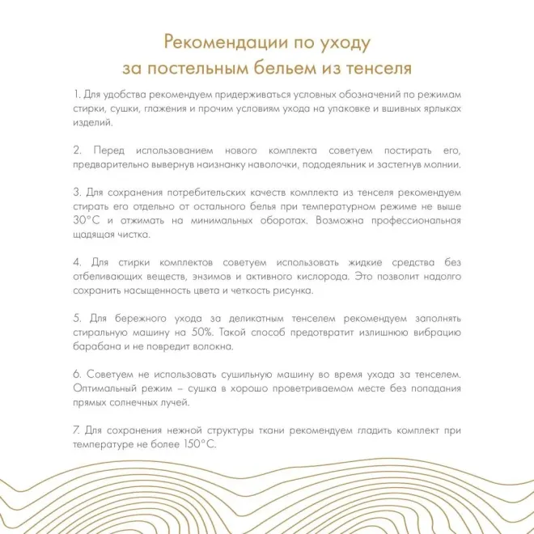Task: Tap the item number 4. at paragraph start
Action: (x=78, y=262)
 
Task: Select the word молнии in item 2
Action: (x=442, y=164)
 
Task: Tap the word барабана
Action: (x=95, y=346)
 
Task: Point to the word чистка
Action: (x=133, y=235)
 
